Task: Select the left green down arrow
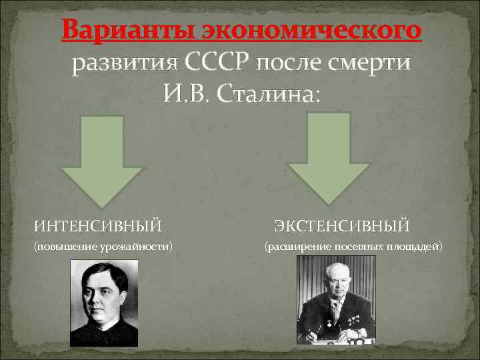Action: coord(102,161)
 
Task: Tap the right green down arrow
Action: coord(328,157)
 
